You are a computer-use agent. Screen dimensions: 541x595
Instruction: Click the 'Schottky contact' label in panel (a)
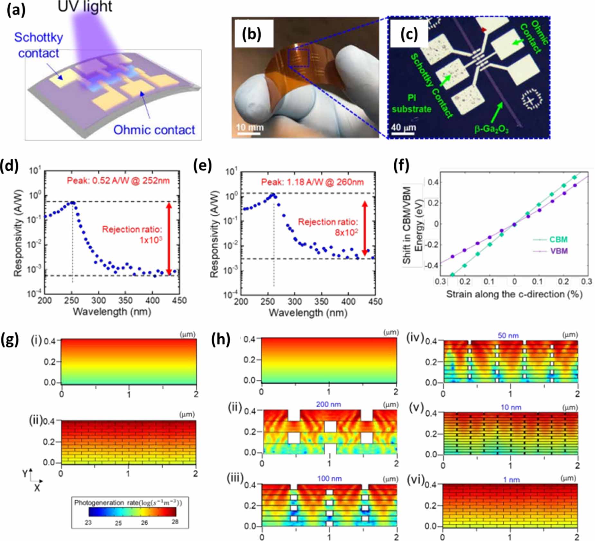(x=38, y=45)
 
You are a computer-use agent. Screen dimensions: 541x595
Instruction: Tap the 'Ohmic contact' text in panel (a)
(x=154, y=130)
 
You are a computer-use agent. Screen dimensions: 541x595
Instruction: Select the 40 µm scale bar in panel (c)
(x=403, y=133)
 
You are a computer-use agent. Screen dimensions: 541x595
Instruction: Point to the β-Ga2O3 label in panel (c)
(x=491, y=129)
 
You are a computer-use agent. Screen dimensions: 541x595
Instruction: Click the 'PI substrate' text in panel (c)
(x=411, y=103)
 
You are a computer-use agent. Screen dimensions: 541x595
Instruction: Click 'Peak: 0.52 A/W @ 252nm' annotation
(x=118, y=181)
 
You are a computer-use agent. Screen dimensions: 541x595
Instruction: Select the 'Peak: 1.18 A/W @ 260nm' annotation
(x=312, y=182)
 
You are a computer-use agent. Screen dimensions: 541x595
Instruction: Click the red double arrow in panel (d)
(x=169, y=238)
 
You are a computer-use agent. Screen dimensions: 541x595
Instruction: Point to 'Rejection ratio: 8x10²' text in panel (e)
(x=328, y=227)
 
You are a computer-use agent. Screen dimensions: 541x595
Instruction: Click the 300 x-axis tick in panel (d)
(x=98, y=300)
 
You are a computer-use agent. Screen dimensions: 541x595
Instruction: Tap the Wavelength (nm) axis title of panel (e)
(x=308, y=313)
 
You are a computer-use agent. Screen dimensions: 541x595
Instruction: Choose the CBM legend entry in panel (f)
(x=553, y=239)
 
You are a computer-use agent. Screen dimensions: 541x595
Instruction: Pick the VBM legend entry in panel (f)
(x=553, y=251)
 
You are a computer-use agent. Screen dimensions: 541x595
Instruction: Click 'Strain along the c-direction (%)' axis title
(x=514, y=294)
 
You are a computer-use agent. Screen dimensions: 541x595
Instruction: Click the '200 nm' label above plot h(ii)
(x=328, y=404)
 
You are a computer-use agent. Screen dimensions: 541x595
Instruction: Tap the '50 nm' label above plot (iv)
(x=508, y=335)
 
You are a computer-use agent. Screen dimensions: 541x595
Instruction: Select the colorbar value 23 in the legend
(x=88, y=522)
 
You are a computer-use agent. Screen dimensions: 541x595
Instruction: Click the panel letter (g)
(x=10, y=340)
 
